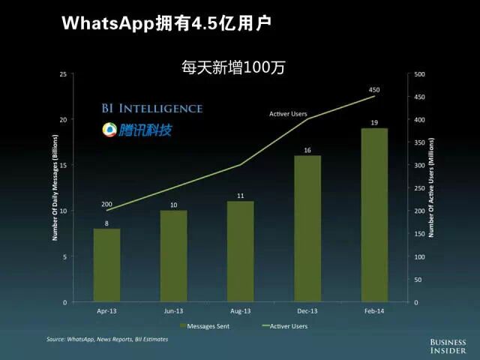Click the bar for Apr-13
point(106,265)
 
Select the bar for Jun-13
point(173,256)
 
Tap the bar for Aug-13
point(240,252)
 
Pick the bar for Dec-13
point(307,229)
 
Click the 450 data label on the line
point(374,90)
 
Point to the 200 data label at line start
point(107,205)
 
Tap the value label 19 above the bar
point(373,122)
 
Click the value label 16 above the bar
point(307,150)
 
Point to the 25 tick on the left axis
point(63,74)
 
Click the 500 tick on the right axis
point(419,74)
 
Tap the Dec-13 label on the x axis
point(307,310)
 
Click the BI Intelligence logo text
point(152,108)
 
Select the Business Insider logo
point(448,344)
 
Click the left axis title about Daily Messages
point(55,187)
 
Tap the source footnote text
point(107,339)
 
